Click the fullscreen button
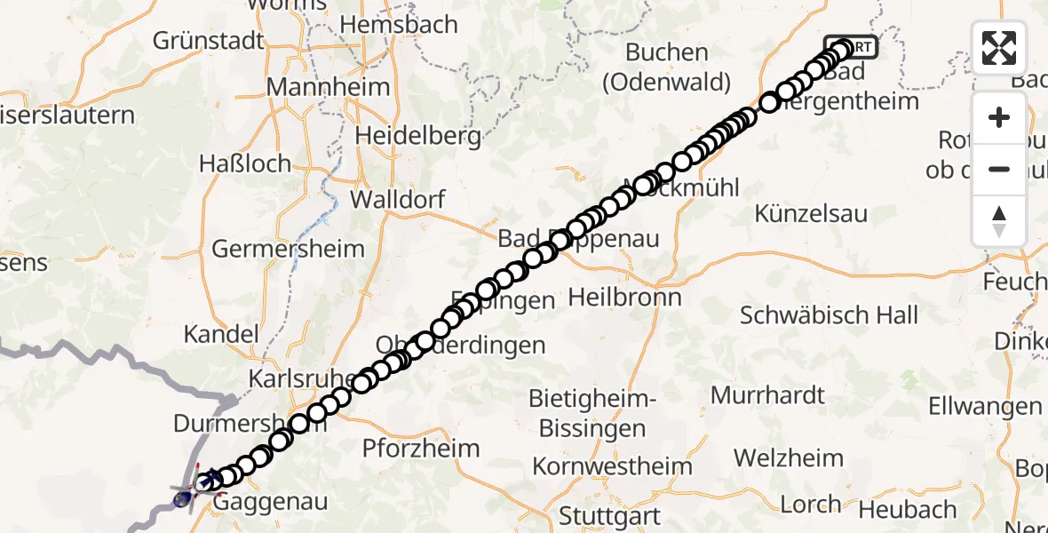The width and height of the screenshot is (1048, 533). (x=999, y=48)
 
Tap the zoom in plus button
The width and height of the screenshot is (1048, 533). (x=999, y=117)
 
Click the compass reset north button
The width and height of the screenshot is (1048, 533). (x=999, y=221)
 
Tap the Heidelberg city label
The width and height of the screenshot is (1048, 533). (x=418, y=136)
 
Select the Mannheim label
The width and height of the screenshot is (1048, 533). (x=328, y=87)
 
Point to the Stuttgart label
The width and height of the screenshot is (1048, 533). (x=609, y=515)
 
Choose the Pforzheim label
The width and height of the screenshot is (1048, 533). (x=421, y=448)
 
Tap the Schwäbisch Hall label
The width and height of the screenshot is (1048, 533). (x=830, y=314)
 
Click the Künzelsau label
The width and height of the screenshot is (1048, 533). (x=811, y=213)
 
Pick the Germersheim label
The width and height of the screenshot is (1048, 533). (x=288, y=248)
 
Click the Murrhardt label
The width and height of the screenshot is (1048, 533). (x=768, y=394)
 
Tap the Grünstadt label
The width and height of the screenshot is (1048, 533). (x=210, y=40)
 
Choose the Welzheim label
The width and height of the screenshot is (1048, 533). (x=789, y=458)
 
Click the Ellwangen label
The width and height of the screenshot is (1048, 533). (x=984, y=406)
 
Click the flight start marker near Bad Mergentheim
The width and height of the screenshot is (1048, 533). (x=851, y=46)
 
